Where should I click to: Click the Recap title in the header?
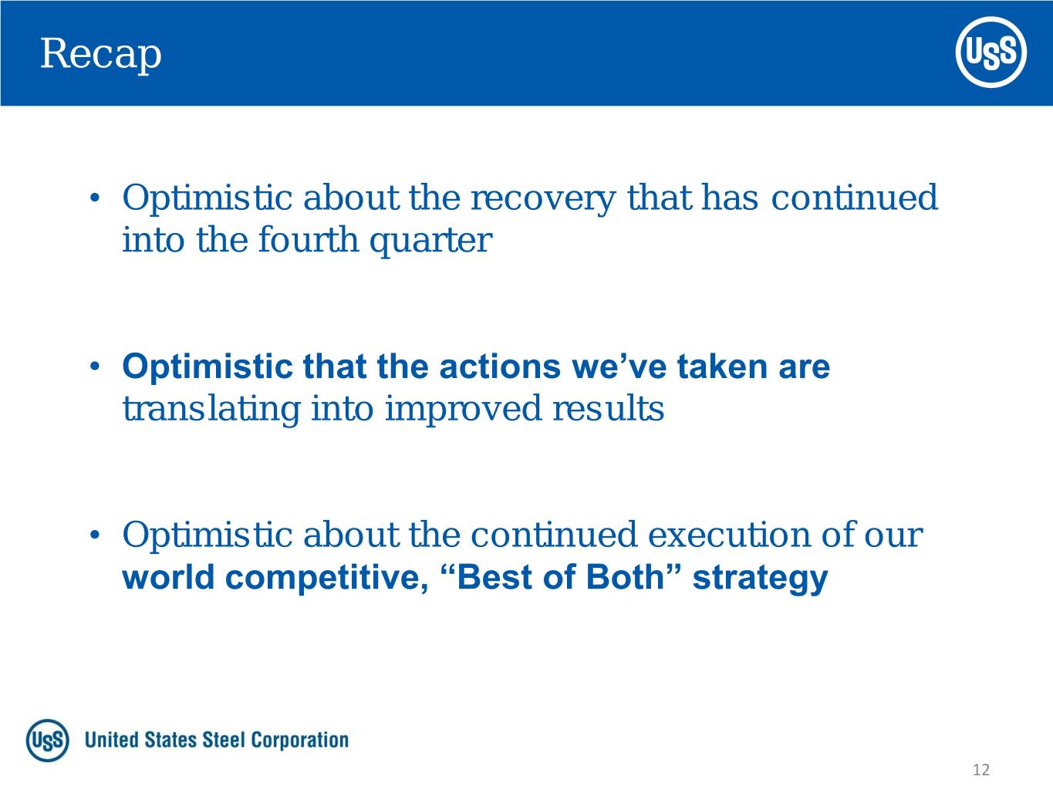pos(101,55)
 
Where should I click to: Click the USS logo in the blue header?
pos(991,52)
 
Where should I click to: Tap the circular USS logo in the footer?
pos(47,740)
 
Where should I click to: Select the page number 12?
pos(981,769)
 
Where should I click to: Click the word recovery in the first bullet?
pos(542,199)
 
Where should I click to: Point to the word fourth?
pos(308,240)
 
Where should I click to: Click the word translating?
pos(211,410)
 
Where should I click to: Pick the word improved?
pos(463,410)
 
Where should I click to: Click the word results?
pos(609,409)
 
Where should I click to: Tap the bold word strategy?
pos(761,579)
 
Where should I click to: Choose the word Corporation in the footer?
pos(300,741)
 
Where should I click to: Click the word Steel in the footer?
pos(224,740)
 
